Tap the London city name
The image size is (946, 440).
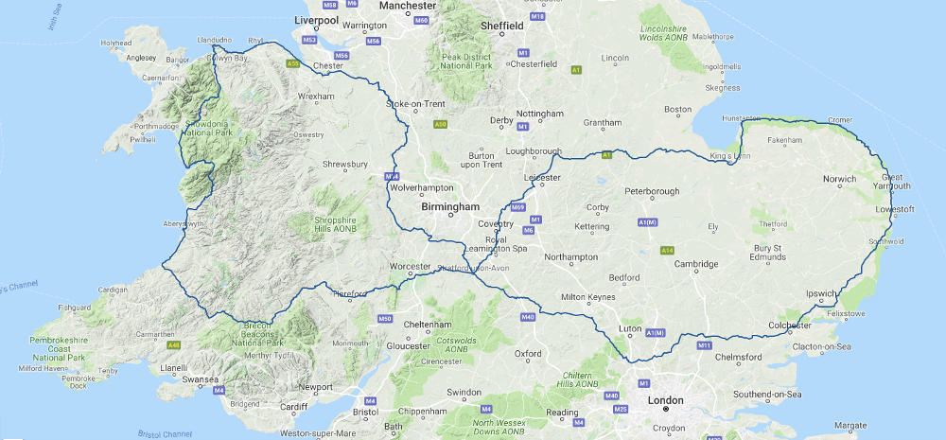665,399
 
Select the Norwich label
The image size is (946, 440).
839,179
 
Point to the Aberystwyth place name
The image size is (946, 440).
184,224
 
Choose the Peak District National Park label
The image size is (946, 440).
466,62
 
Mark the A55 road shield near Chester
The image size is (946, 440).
293,64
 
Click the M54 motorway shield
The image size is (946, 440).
391,177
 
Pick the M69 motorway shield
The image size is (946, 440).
517,207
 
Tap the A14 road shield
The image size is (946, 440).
667,250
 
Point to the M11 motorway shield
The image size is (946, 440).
704,346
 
